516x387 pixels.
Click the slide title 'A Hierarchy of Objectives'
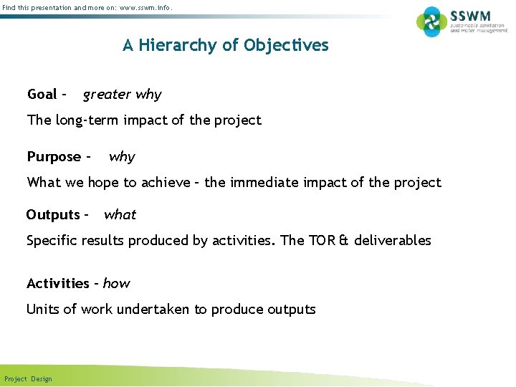225,45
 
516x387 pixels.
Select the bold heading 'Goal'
42,94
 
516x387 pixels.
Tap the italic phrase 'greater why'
122,95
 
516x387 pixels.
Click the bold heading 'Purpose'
54,157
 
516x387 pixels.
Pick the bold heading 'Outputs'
52,214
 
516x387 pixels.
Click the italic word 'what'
120,214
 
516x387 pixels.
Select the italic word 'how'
116,283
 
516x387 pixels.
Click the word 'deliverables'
393,240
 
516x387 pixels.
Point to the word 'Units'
43,309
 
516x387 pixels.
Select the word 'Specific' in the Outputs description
52,241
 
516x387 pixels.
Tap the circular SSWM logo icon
431,21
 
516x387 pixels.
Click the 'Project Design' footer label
28,378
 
